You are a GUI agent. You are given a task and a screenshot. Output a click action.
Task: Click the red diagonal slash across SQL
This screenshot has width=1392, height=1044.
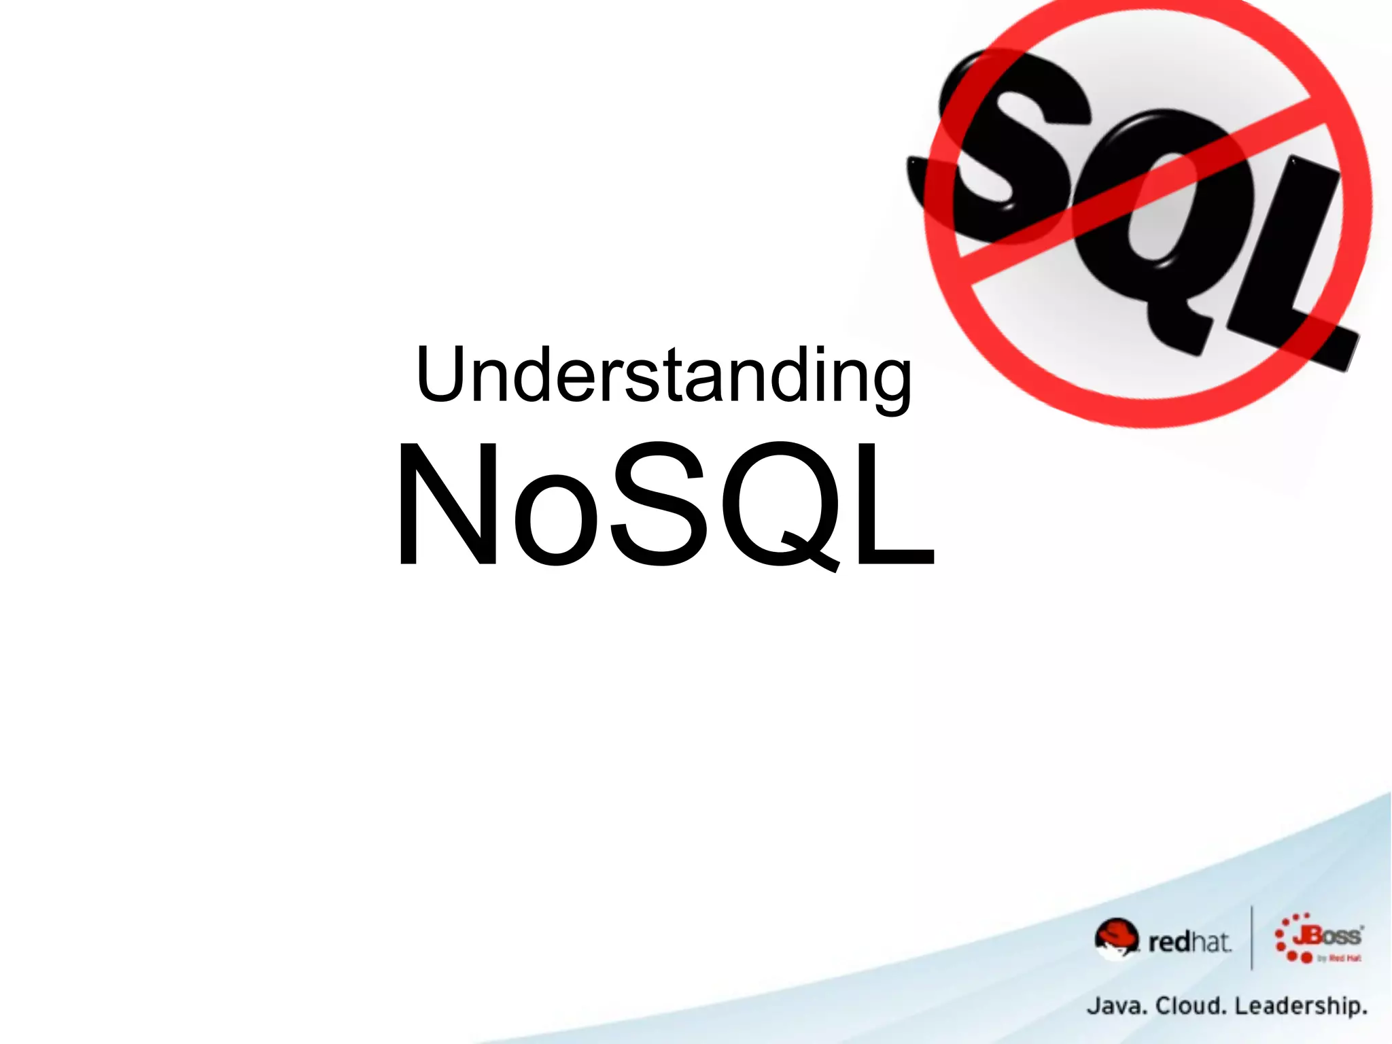[x=1142, y=190]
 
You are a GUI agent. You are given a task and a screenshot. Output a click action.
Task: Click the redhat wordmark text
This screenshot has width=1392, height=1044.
[x=1189, y=942]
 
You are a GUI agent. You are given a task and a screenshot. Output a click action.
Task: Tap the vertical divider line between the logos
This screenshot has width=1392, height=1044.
[x=1251, y=938]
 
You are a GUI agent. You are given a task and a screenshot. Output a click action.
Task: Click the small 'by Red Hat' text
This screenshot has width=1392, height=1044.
[x=1339, y=958]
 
